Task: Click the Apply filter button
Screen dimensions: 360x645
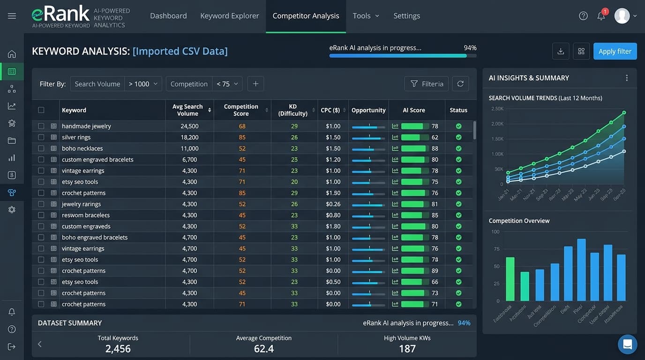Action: pos(615,52)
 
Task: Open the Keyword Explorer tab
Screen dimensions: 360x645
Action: pos(229,16)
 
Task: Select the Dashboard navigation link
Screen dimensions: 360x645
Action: pos(168,16)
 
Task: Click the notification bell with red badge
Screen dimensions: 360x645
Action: pos(601,16)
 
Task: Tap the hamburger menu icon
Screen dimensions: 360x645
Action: pos(12,16)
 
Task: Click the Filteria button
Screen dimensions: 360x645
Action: pos(426,84)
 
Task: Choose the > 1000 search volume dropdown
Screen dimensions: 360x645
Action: pos(143,84)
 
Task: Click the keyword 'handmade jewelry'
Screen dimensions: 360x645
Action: pos(86,126)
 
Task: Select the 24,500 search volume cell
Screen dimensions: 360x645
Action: pos(189,126)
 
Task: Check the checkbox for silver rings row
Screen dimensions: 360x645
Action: pos(41,137)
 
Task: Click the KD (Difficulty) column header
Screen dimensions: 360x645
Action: pos(292,110)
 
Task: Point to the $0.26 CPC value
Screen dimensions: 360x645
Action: pos(333,204)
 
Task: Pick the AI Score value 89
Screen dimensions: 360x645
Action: pos(435,270)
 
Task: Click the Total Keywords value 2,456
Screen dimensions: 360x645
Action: pos(118,349)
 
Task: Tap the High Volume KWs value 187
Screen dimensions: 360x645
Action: pos(407,349)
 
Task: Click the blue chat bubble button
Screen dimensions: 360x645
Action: pos(627,345)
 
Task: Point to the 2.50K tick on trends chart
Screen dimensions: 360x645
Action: pos(497,109)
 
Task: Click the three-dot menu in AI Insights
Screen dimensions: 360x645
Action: pos(627,78)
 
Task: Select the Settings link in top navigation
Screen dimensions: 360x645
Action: pos(406,16)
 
